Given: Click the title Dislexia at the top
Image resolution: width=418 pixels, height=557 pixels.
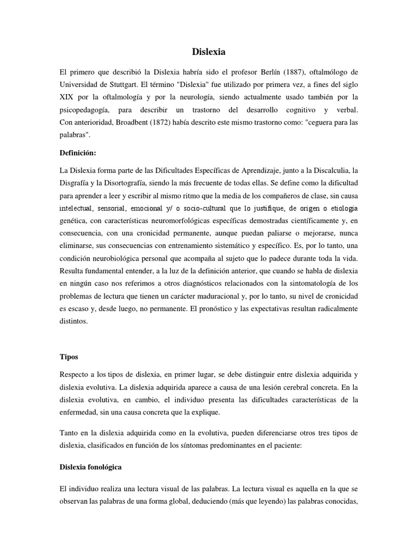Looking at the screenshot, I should (208, 52).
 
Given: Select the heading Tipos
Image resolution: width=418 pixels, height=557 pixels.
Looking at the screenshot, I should (69, 357).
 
